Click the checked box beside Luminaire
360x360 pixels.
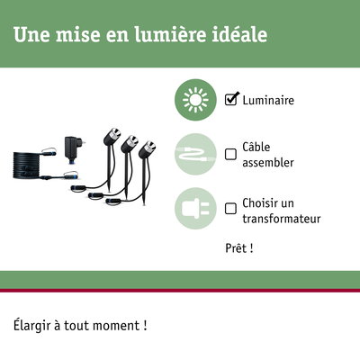click(x=230, y=100)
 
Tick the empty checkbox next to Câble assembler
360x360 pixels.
click(x=230, y=154)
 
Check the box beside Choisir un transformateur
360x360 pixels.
click(x=230, y=206)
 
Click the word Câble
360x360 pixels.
click(x=256, y=146)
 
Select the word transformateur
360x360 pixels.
click(x=282, y=219)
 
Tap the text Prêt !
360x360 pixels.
click(x=238, y=247)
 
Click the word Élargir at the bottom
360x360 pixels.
click(x=33, y=324)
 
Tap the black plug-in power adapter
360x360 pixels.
click(x=70, y=148)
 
